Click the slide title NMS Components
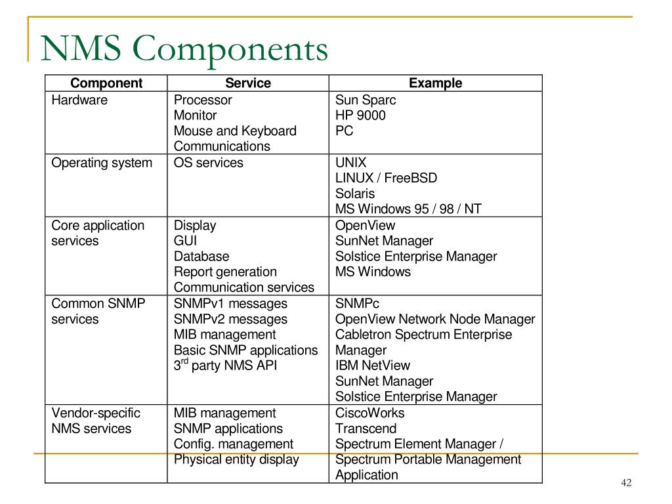(x=184, y=50)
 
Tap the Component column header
(x=106, y=83)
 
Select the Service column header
(x=248, y=83)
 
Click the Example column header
(x=435, y=83)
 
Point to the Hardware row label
(x=79, y=100)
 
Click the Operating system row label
(x=102, y=163)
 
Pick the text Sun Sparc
(x=366, y=100)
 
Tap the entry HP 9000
(x=360, y=115)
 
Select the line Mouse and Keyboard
(x=235, y=131)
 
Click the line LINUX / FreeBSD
(x=386, y=178)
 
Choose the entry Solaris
(x=355, y=194)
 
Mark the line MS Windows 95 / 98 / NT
(x=408, y=209)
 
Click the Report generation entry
(x=225, y=272)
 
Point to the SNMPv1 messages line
(x=230, y=304)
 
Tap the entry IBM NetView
(x=373, y=366)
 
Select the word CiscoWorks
(x=370, y=413)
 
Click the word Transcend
(x=366, y=429)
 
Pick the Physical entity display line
(x=236, y=459)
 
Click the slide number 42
(x=625, y=484)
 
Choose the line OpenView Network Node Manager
(x=435, y=320)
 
